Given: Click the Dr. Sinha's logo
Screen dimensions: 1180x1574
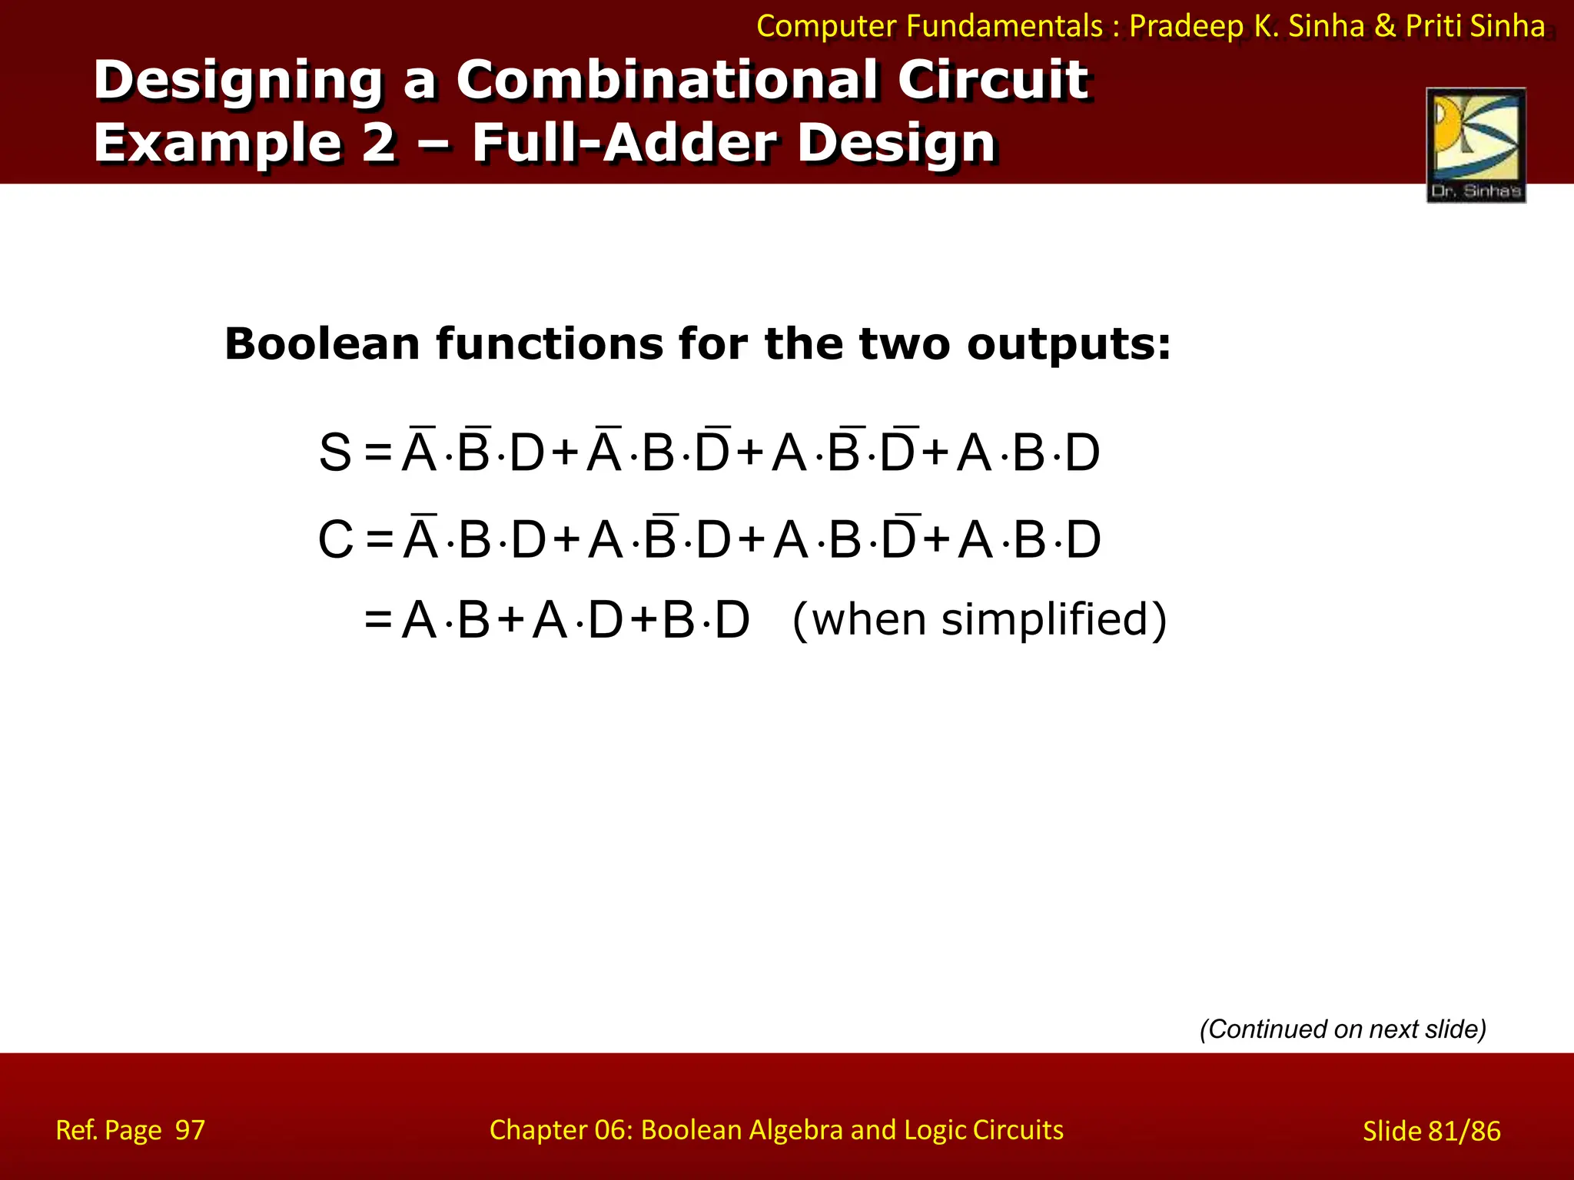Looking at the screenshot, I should [1476, 145].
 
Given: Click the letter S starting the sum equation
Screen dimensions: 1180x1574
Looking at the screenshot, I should [335, 452].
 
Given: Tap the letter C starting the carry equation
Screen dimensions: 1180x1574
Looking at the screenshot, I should [336, 539].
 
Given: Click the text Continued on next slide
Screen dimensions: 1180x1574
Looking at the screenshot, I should [1343, 1029].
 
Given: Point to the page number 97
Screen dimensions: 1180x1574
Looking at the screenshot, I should [190, 1130].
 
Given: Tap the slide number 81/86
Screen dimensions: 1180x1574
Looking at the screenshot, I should [1464, 1131].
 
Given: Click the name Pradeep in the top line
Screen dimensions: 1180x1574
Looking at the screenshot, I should [1187, 26].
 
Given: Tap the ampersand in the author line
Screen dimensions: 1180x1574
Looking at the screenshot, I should [1385, 26].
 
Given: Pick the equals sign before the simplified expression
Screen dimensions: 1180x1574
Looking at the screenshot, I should [379, 619].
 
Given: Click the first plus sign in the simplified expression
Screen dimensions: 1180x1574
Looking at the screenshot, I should [510, 619].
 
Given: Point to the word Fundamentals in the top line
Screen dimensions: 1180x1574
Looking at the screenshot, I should [1005, 26].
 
